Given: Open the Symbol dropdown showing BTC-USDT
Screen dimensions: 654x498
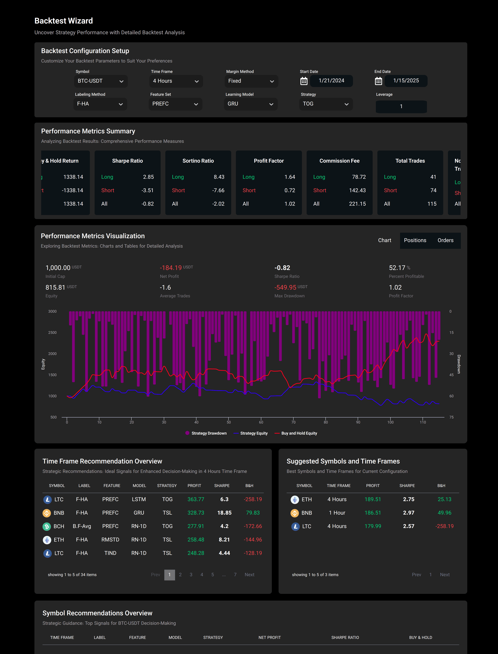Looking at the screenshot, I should (x=100, y=81).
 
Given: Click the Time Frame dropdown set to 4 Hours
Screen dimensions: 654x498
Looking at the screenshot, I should (x=176, y=81).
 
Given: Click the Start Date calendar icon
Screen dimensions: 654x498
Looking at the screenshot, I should (x=304, y=81).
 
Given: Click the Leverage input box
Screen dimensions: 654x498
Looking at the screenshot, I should (x=401, y=106).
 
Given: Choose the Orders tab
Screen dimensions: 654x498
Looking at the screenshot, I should (x=445, y=240).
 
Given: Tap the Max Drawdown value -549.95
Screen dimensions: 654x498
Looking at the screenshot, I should (x=285, y=287).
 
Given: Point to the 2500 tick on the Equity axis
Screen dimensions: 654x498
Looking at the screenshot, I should (x=52, y=332).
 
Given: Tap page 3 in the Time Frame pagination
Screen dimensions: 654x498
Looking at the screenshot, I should (x=191, y=575).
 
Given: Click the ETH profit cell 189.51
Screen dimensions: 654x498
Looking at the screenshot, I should (x=373, y=499).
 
